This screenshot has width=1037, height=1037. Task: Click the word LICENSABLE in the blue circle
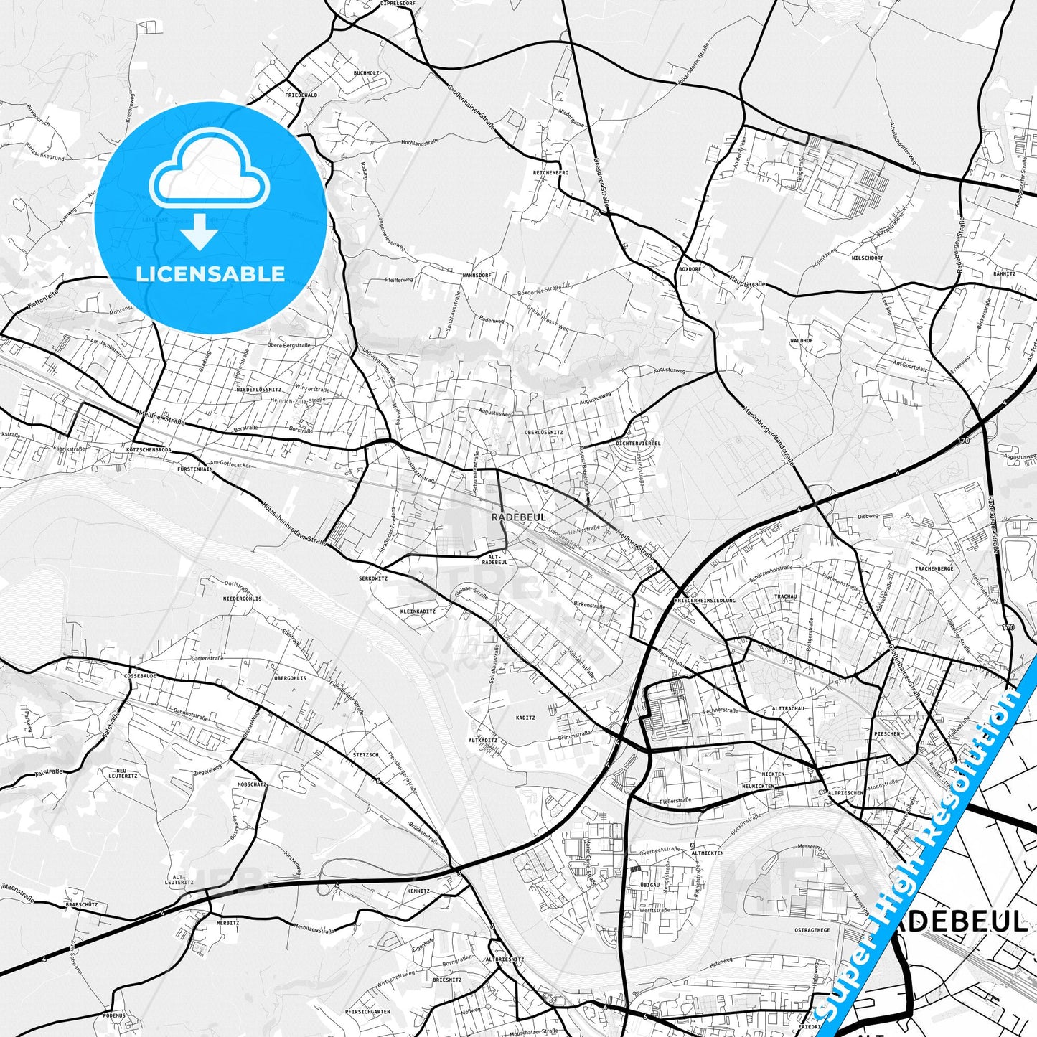pyautogui.click(x=210, y=274)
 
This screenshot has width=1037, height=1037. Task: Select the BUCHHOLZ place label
pyautogui.click(x=366, y=73)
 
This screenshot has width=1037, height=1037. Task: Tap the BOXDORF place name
pyautogui.click(x=689, y=268)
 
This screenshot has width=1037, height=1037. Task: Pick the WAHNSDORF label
pyautogui.click(x=476, y=275)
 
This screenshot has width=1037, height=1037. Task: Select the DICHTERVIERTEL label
pyautogui.click(x=638, y=443)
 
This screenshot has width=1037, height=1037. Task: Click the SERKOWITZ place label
pyautogui.click(x=373, y=578)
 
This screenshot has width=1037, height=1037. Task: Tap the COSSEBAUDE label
pyautogui.click(x=140, y=676)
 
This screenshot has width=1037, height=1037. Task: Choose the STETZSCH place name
pyautogui.click(x=366, y=755)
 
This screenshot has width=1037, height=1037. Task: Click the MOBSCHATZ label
pyautogui.click(x=252, y=785)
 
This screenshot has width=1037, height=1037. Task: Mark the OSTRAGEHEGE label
pyautogui.click(x=812, y=930)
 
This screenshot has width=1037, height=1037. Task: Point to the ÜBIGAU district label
pyautogui.click(x=649, y=886)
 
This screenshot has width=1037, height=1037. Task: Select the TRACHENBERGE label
pyautogui.click(x=934, y=569)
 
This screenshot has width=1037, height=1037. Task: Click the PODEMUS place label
pyautogui.click(x=113, y=1015)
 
